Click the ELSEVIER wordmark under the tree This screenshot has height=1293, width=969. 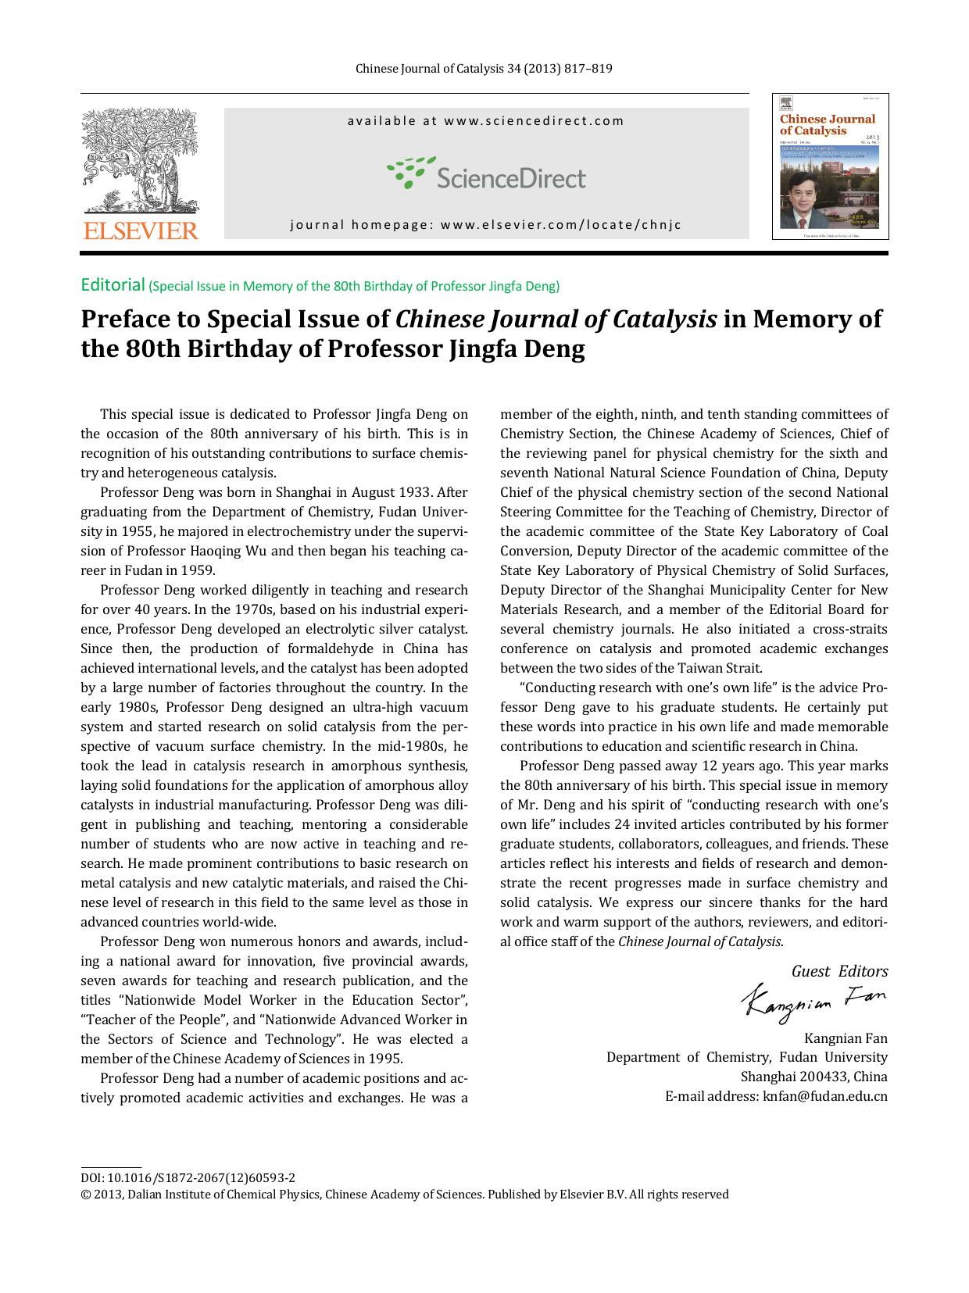[141, 230]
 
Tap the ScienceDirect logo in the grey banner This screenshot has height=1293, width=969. [486, 174]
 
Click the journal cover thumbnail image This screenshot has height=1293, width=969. [830, 166]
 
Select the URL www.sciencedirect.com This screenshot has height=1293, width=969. [535, 120]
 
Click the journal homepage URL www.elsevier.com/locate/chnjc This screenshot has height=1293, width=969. [561, 225]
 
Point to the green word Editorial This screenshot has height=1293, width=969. [113, 284]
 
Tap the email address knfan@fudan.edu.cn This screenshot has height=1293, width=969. [824, 1096]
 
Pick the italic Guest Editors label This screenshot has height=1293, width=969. [839, 971]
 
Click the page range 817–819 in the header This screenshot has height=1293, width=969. [591, 69]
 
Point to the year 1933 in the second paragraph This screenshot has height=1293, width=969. [414, 492]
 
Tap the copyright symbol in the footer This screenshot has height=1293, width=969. [85, 1195]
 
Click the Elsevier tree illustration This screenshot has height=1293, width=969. [141, 160]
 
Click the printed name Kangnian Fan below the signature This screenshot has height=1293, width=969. [846, 1038]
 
